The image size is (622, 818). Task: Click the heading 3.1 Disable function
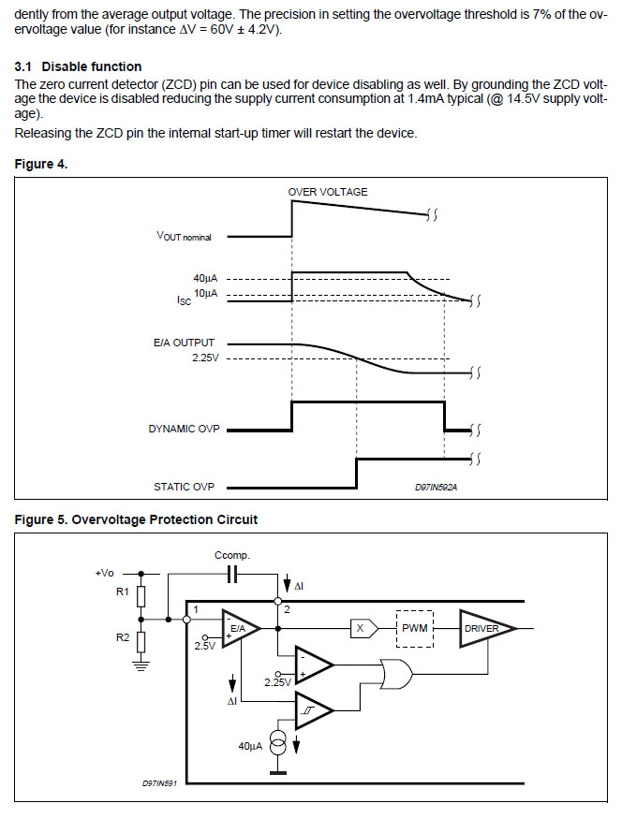coord(79,66)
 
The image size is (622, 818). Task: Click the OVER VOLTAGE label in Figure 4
coord(328,192)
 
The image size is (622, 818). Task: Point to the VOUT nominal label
coord(184,237)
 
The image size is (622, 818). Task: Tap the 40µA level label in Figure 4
coord(205,278)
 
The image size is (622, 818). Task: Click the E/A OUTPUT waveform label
coord(184,343)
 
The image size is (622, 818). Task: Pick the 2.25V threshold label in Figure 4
coord(205,358)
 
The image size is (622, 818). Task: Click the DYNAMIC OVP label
coord(184,429)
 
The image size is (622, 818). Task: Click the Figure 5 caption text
coord(137,519)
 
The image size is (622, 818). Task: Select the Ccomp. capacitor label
coord(232,555)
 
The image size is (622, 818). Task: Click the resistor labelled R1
coord(141,595)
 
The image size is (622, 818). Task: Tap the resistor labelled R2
coord(141,642)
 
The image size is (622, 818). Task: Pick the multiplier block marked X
coord(361,629)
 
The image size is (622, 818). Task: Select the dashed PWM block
coord(414,629)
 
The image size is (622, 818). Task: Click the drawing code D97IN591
coord(160,783)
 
